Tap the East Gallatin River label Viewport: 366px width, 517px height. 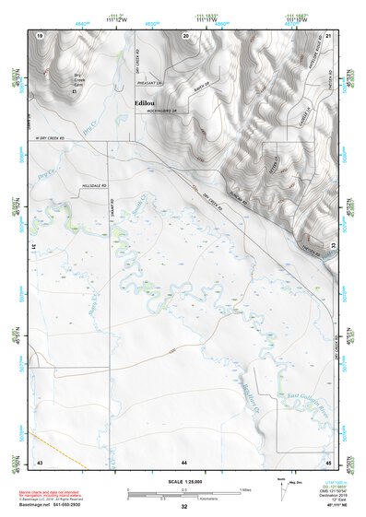(x=306, y=394)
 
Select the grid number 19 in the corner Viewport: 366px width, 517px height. (x=40, y=34)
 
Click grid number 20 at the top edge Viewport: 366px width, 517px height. (x=187, y=34)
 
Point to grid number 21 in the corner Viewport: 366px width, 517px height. (x=328, y=34)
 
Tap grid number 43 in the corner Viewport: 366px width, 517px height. (x=39, y=459)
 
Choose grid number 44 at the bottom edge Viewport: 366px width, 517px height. (x=184, y=459)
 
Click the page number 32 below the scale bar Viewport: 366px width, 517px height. (x=184, y=507)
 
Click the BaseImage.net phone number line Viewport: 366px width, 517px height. (x=57, y=505)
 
